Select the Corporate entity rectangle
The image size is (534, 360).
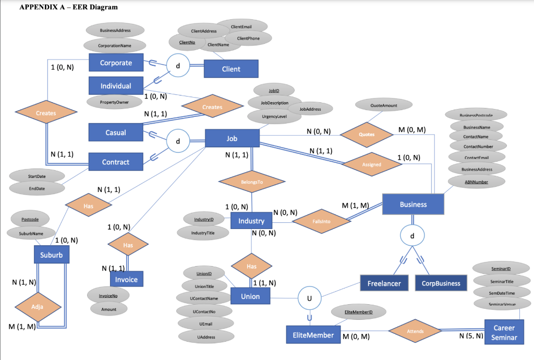116,63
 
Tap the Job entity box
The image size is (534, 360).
232,138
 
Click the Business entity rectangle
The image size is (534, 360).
413,204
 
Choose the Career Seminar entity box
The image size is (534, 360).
504,332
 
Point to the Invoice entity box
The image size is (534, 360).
127,279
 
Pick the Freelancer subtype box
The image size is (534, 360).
384,283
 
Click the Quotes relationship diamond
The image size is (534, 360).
367,134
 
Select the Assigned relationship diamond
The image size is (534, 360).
372,164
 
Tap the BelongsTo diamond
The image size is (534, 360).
252,183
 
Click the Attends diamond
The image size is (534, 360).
415,331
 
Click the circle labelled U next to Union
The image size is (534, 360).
309,298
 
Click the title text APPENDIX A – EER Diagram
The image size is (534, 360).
68,7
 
